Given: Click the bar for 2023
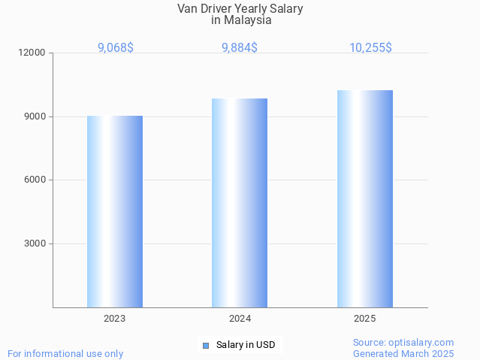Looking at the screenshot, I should pyautogui.click(x=115, y=211).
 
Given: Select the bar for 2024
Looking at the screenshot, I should pyautogui.click(x=240, y=203).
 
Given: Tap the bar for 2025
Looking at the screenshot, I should pyautogui.click(x=364, y=198).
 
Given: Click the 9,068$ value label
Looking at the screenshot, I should pyautogui.click(x=115, y=48).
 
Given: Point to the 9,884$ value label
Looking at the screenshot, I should pyautogui.click(x=240, y=48).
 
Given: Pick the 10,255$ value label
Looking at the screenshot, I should pyautogui.click(x=370, y=48).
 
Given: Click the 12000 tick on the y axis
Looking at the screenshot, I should pyautogui.click(x=33, y=53).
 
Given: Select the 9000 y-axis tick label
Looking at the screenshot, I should pyautogui.click(x=35, y=116).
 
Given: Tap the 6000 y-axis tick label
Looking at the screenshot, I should pyautogui.click(x=35, y=180).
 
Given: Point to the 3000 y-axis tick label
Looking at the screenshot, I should pyautogui.click(x=35, y=244).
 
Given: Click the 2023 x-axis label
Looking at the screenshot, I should pyautogui.click(x=115, y=319).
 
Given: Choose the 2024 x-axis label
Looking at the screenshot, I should pyautogui.click(x=240, y=319).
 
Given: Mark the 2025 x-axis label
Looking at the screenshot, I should pyautogui.click(x=364, y=319).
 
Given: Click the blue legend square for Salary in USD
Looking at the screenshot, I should pyautogui.click(x=206, y=346).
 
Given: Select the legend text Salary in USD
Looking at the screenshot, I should pyautogui.click(x=246, y=346).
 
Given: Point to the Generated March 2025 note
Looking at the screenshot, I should pyautogui.click(x=403, y=353).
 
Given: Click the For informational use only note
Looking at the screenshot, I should pyautogui.click(x=65, y=353).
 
